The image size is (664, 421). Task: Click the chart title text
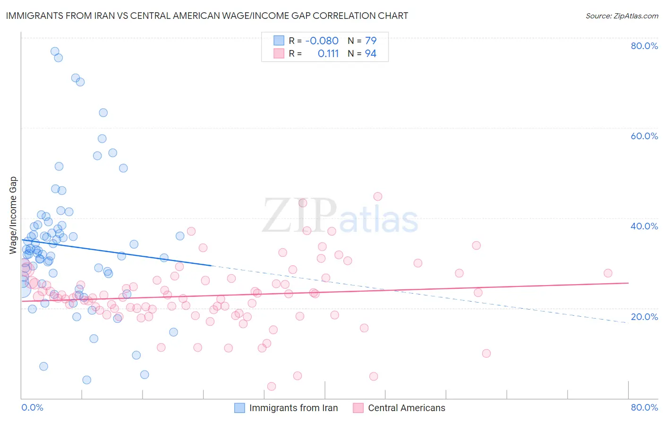(207, 16)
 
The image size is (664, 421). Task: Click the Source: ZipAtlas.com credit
(621, 16)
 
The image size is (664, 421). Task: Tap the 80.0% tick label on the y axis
(644, 46)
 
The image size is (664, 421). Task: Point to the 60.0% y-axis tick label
(644, 136)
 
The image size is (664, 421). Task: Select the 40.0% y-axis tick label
(644, 226)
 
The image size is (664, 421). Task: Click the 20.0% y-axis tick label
(644, 317)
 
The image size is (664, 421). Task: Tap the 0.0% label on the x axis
(32, 407)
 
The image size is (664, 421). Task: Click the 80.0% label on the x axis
(644, 407)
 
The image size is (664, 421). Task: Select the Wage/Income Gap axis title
(13, 215)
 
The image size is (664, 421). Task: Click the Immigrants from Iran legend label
(293, 408)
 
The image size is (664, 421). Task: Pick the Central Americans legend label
(406, 408)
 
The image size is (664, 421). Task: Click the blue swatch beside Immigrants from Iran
(240, 408)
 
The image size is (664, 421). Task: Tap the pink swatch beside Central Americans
(358, 408)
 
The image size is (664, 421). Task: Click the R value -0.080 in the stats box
(322, 41)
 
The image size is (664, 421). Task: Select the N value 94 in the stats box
(371, 54)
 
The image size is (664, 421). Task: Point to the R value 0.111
(328, 54)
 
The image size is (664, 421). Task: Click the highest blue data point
(55, 51)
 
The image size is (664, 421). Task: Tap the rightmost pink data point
(608, 273)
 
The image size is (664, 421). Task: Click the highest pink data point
(378, 196)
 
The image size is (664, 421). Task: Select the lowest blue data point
(87, 380)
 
